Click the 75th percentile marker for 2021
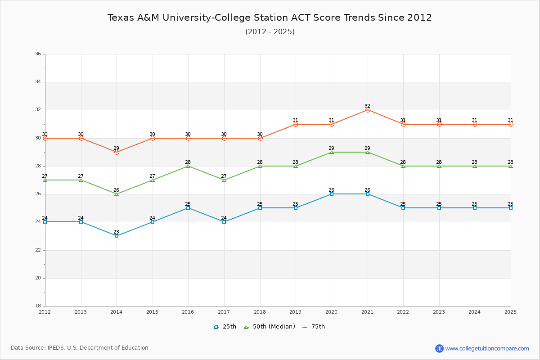tap(368, 110)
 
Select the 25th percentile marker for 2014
tap(117, 236)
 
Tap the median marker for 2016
tap(188, 166)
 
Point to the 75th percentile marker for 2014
tap(117, 152)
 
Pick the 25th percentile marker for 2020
tap(332, 194)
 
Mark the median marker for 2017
tap(224, 180)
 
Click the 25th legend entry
tap(225, 327)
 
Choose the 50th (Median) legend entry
tap(270, 327)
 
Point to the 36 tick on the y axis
tap(38, 54)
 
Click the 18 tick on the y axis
tap(38, 306)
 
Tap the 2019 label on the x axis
tap(296, 312)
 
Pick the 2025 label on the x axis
tap(510, 312)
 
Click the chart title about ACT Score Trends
tap(270, 18)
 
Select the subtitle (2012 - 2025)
tap(270, 32)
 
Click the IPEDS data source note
tap(80, 348)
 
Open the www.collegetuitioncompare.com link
tap(487, 348)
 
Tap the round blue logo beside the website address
tap(439, 348)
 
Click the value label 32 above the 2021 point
tap(367, 106)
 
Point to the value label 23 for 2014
tap(116, 232)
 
